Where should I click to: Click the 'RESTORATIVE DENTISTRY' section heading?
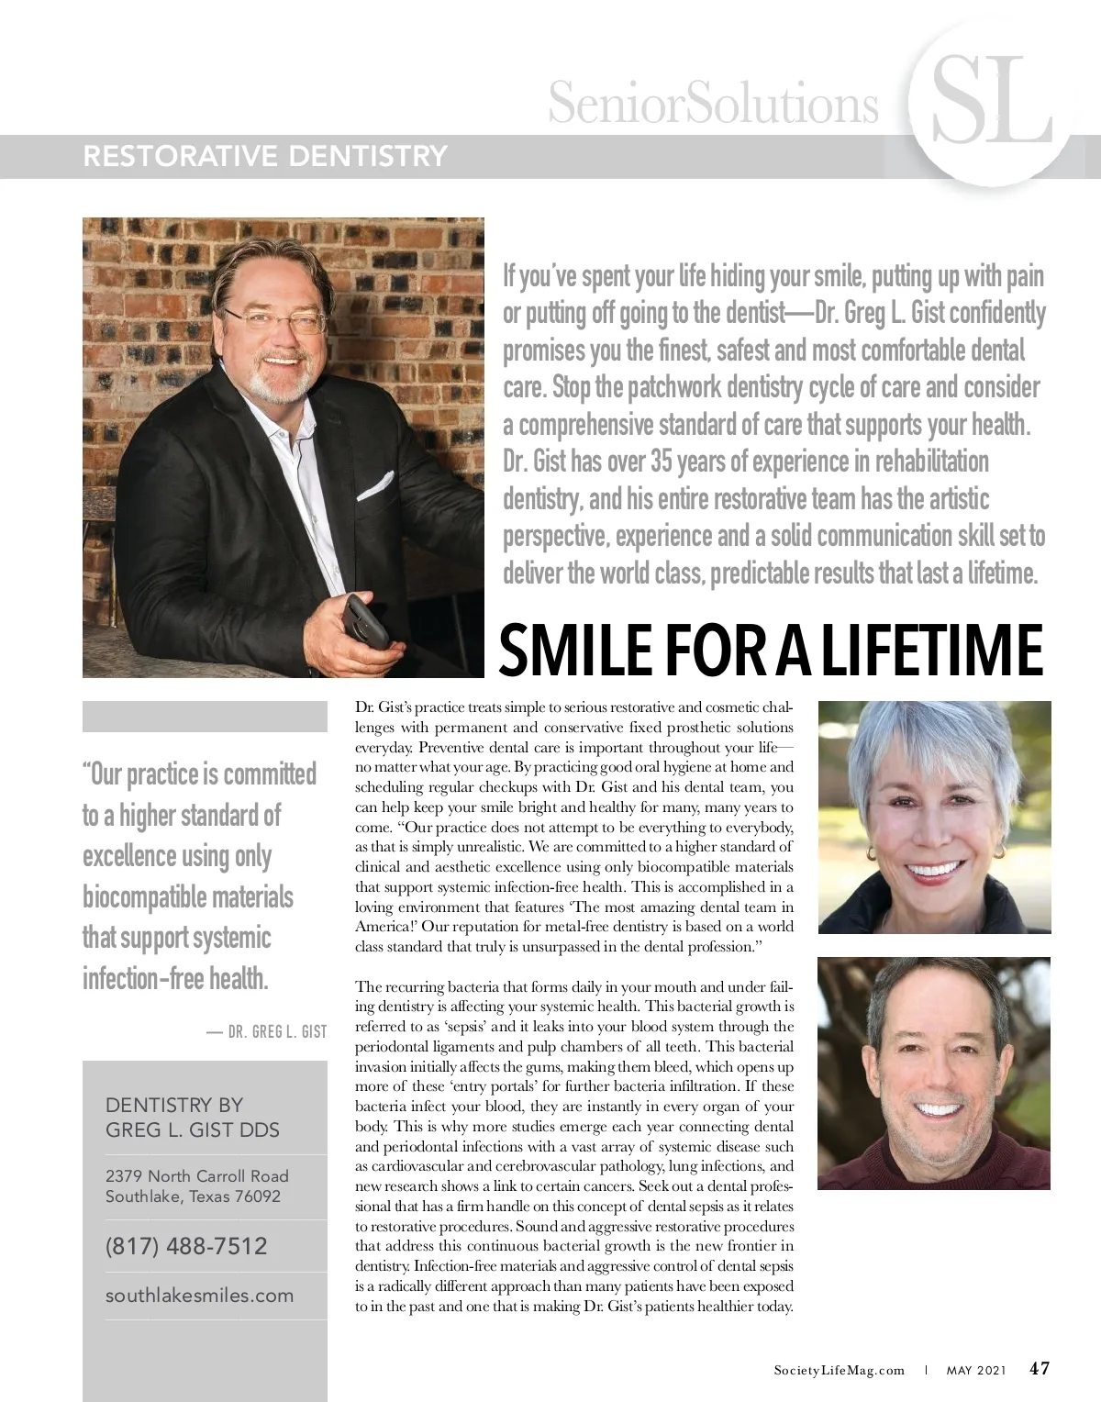[x=264, y=156]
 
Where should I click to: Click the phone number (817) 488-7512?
[x=186, y=1246]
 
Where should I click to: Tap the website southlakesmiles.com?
[x=199, y=1296]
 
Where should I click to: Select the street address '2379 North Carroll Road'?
[x=196, y=1175]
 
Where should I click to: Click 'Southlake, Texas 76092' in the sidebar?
[x=193, y=1196]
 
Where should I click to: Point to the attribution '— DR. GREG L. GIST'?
[x=266, y=1031]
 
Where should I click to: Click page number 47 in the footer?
[x=1040, y=1368]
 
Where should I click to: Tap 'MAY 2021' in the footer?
[x=974, y=1370]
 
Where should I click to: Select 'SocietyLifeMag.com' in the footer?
[x=840, y=1370]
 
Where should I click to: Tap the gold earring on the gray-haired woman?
[x=871, y=852]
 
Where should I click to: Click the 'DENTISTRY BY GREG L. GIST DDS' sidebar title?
[x=193, y=1118]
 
